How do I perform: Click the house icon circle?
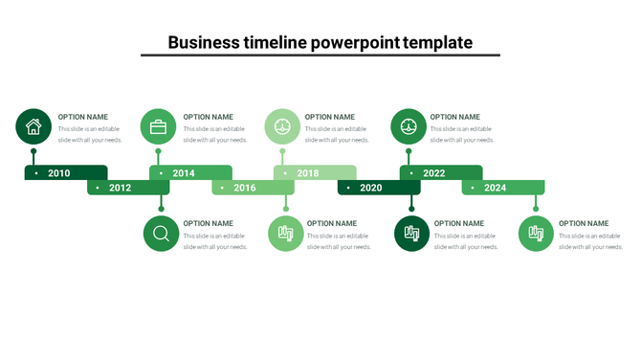[33, 126]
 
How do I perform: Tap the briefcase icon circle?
[158, 126]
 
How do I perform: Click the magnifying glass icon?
[161, 234]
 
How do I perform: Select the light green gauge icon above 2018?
[282, 126]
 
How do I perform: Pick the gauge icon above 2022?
[409, 126]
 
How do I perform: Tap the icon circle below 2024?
[537, 234]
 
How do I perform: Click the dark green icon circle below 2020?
[412, 234]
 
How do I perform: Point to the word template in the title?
[438, 42]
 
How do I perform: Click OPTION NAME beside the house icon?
[83, 117]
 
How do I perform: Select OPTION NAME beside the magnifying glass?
[209, 223]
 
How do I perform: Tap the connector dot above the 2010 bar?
[33, 151]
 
